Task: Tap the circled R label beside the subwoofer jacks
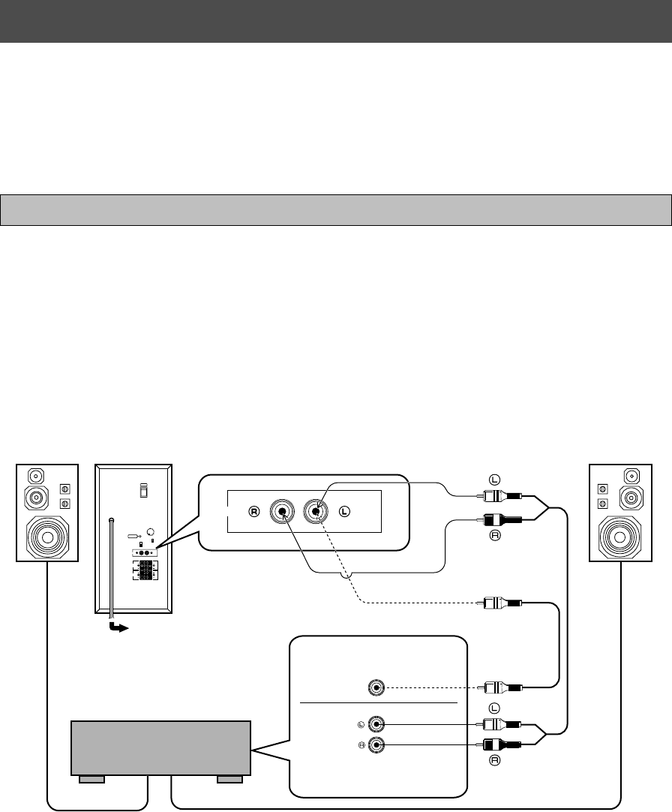coord(253,513)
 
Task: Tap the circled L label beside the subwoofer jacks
coord(344,513)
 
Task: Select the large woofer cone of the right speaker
coord(620,537)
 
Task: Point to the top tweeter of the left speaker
coord(36,476)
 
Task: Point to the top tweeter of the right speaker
coord(631,476)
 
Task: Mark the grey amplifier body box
coord(160,747)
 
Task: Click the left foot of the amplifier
coord(91,780)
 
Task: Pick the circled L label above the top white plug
coord(495,478)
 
